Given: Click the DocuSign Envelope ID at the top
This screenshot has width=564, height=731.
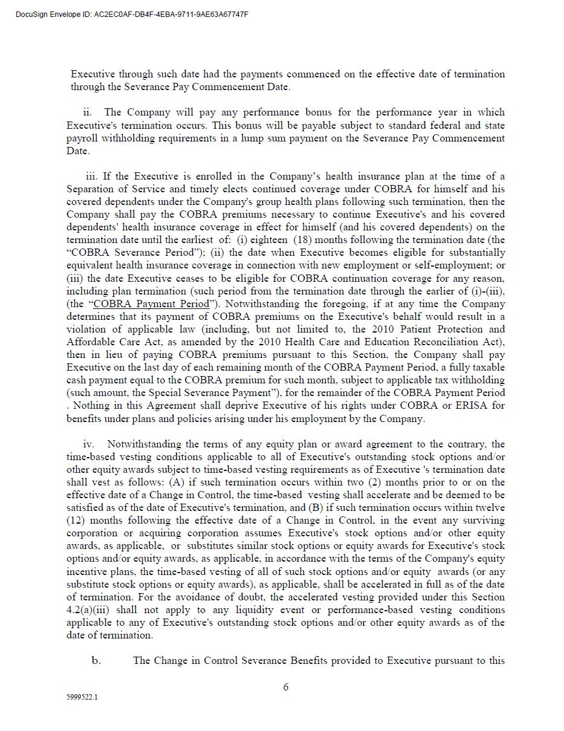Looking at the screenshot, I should [132, 15].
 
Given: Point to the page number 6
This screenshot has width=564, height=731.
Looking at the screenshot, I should [285, 687].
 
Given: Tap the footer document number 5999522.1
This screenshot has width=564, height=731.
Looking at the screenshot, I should [82, 697].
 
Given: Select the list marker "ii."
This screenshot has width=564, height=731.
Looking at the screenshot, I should [88, 112].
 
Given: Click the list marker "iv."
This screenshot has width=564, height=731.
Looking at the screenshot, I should [89, 444].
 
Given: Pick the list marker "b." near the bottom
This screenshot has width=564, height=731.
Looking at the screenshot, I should [96, 660].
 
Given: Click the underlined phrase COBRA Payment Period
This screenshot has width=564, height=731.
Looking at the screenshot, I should [151, 304].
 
